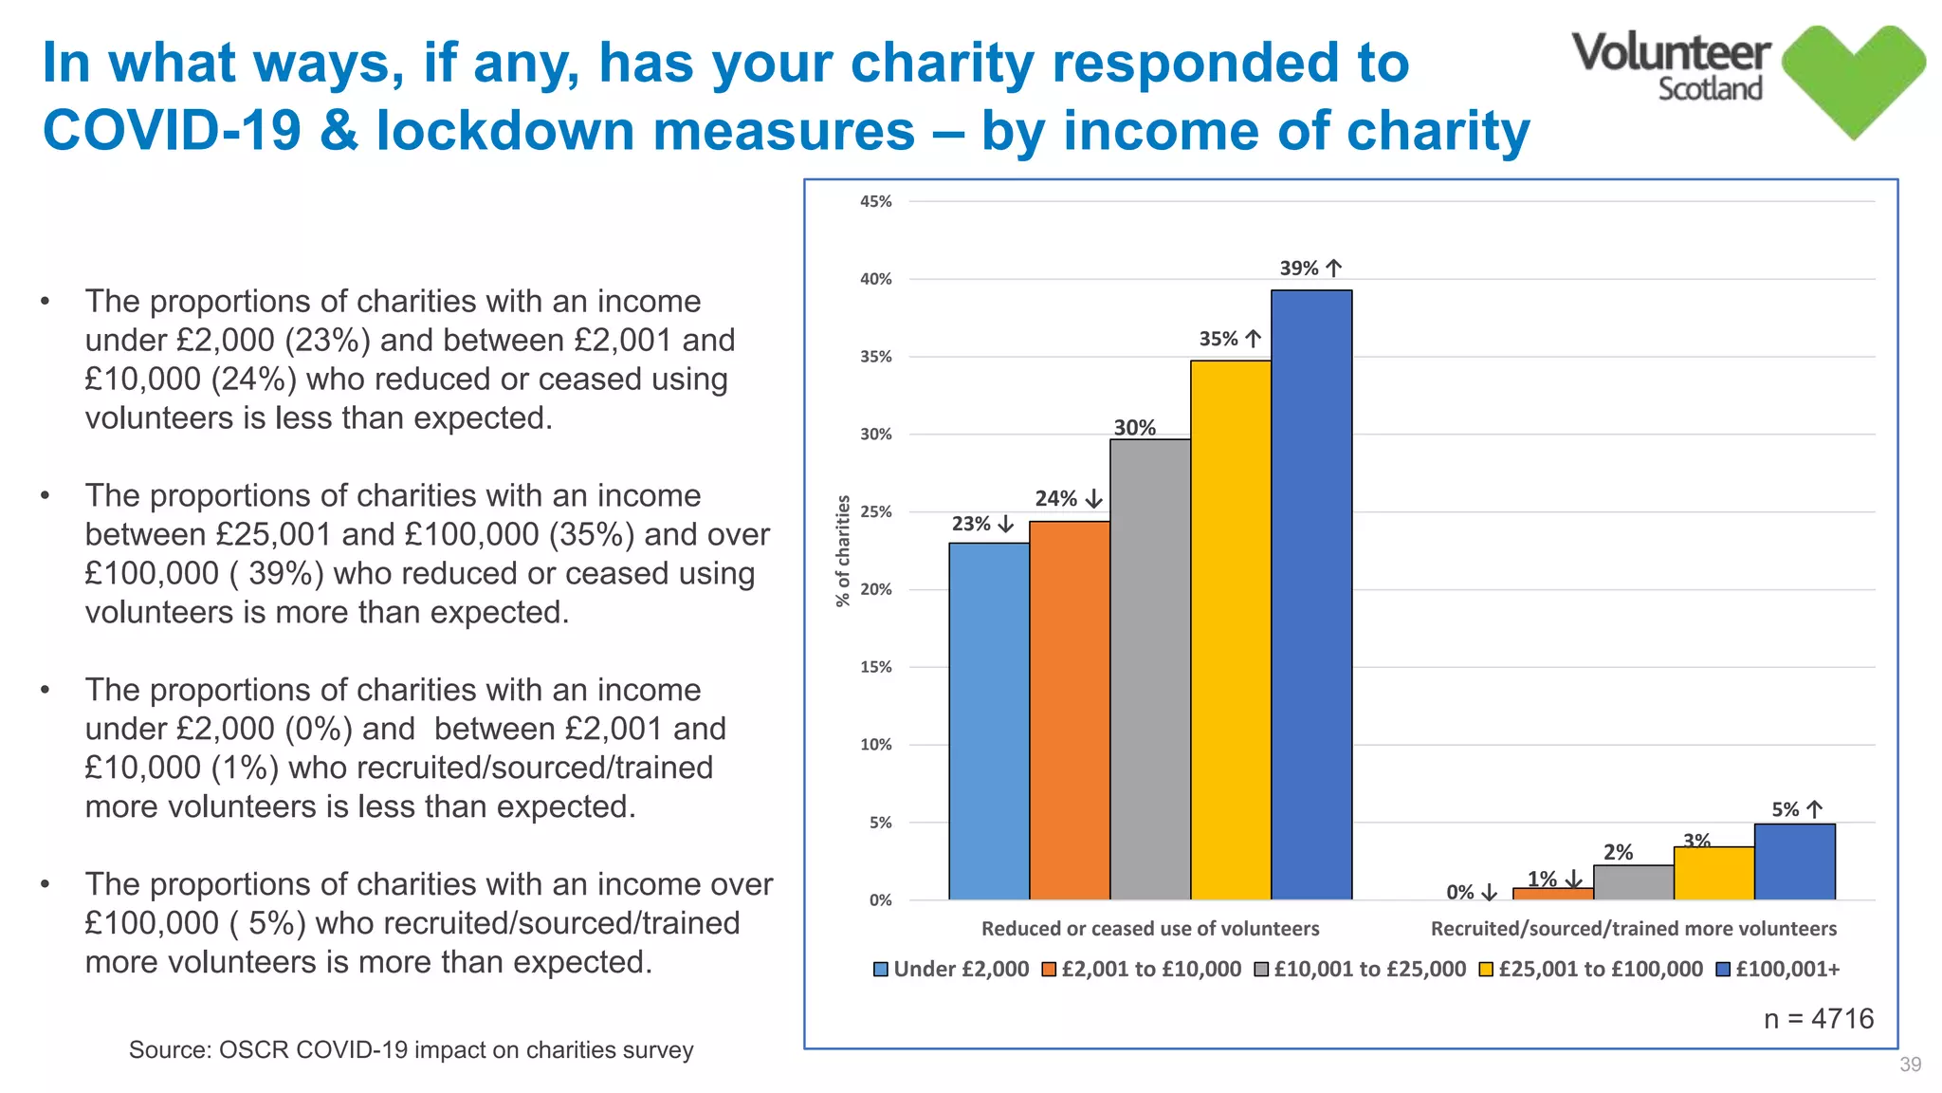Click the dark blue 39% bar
[1311, 595]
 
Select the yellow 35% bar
[1231, 630]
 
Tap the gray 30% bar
[1150, 669]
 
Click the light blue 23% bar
[989, 721]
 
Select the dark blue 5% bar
[1794, 861]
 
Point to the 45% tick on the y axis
[876, 201]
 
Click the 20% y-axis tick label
[876, 589]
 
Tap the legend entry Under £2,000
[951, 969]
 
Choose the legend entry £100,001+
[1779, 969]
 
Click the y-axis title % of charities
[842, 551]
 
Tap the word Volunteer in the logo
[1671, 52]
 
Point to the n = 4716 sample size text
[1818, 1018]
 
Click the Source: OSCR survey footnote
[411, 1049]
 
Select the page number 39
[1910, 1065]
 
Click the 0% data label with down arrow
[1470, 892]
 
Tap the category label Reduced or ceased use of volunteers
[1149, 928]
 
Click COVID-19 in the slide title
[172, 130]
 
